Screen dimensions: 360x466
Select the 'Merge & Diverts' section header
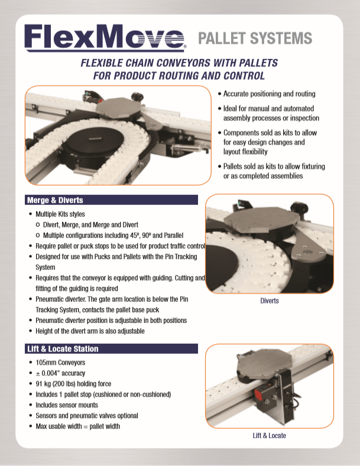click(111, 200)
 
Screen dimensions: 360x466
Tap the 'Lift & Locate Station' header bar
click(111, 348)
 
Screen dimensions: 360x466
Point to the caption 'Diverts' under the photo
click(270, 301)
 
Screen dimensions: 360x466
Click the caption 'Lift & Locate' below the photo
click(269, 435)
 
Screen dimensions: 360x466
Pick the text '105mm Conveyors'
click(60, 363)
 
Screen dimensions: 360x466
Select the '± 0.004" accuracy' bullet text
click(60, 373)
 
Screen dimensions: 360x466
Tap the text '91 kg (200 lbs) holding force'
click(73, 384)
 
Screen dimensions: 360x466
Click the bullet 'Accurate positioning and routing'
click(269, 94)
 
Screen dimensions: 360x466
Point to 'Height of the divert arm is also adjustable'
click(90, 331)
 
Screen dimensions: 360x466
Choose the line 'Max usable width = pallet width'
click(78, 426)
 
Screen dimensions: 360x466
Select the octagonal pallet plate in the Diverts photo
click(261, 220)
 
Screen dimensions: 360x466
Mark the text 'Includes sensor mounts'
click(67, 405)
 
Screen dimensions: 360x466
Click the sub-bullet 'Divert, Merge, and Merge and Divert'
click(91, 224)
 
